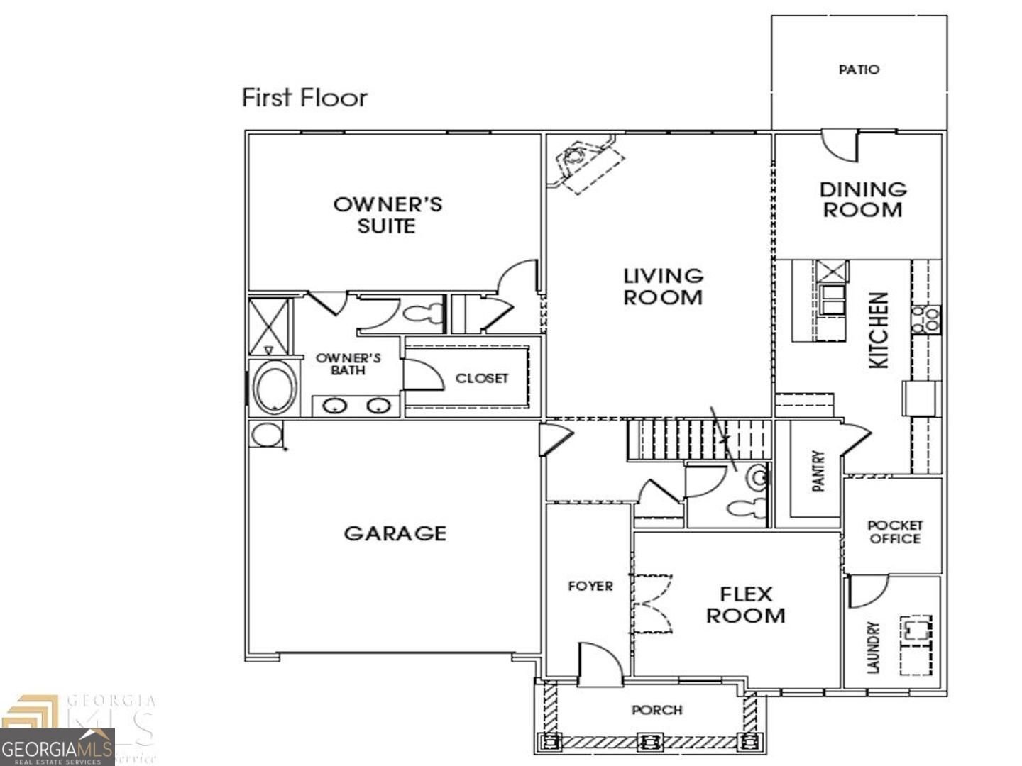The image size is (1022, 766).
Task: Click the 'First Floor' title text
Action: coord(304,97)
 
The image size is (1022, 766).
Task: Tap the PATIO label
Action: coord(859,70)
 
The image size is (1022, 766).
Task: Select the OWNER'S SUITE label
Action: coord(388,215)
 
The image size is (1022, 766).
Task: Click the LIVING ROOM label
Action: coord(663,287)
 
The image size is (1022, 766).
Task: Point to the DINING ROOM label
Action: coord(863,200)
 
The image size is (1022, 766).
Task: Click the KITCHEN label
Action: coord(879,330)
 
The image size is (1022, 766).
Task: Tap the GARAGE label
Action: coord(395,533)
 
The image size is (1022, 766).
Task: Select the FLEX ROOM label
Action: coord(745,605)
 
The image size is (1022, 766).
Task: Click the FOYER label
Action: coord(590,586)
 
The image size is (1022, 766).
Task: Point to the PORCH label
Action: coord(657,710)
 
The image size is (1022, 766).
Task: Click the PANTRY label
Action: coord(818,470)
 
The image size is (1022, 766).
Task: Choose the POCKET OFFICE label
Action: coord(895,532)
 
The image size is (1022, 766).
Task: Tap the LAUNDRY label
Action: coord(873,648)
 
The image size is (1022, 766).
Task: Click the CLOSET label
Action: coord(481,379)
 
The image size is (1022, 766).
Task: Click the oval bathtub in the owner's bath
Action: coord(275,388)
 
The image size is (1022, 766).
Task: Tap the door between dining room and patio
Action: coord(840,145)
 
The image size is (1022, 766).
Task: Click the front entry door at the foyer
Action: coord(600,665)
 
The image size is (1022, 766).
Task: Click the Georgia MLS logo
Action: coord(57,738)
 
